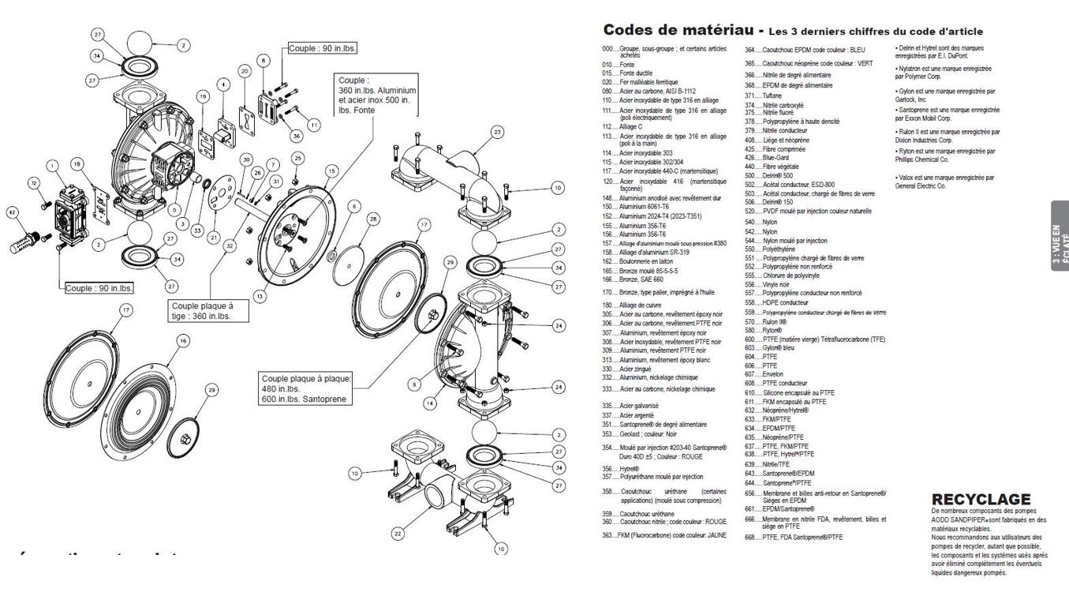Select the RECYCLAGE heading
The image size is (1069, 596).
click(x=981, y=499)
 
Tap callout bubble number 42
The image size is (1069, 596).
click(x=12, y=212)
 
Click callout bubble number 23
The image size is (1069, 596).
click(x=497, y=132)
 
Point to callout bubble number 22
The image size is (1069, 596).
click(x=398, y=534)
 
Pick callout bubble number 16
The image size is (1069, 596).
click(x=183, y=340)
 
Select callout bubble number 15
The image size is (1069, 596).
click(x=331, y=171)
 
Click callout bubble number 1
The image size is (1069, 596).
click(x=52, y=166)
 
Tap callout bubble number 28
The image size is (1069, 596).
click(x=373, y=217)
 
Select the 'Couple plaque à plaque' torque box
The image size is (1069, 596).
click(x=306, y=388)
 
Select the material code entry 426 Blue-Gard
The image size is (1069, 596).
click(x=762, y=156)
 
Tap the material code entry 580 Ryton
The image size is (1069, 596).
click(x=761, y=330)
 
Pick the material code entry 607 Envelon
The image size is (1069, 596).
click(x=762, y=374)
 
